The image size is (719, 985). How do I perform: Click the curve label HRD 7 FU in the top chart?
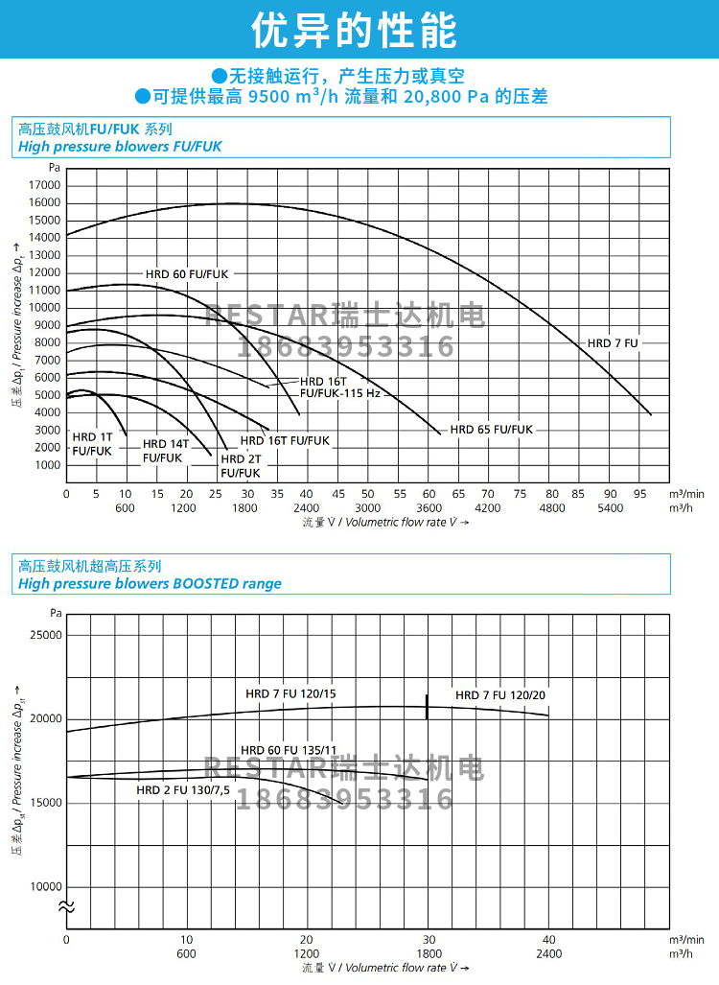click(613, 342)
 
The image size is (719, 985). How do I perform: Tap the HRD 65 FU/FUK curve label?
click(491, 430)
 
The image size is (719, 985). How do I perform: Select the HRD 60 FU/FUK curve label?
click(187, 274)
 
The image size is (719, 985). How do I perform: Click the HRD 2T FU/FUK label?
click(240, 465)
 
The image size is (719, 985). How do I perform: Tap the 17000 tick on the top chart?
click(44, 185)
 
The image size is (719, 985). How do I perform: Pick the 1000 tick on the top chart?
click(47, 465)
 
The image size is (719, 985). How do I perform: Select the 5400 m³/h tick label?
click(611, 508)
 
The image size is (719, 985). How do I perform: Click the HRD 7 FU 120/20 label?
click(500, 695)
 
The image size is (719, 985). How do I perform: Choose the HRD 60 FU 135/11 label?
click(288, 750)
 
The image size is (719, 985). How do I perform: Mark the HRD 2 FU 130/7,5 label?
click(183, 790)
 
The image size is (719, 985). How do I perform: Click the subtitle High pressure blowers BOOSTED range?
click(151, 583)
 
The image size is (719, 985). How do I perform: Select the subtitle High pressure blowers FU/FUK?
click(120, 147)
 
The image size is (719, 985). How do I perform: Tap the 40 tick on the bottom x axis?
click(548, 939)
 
